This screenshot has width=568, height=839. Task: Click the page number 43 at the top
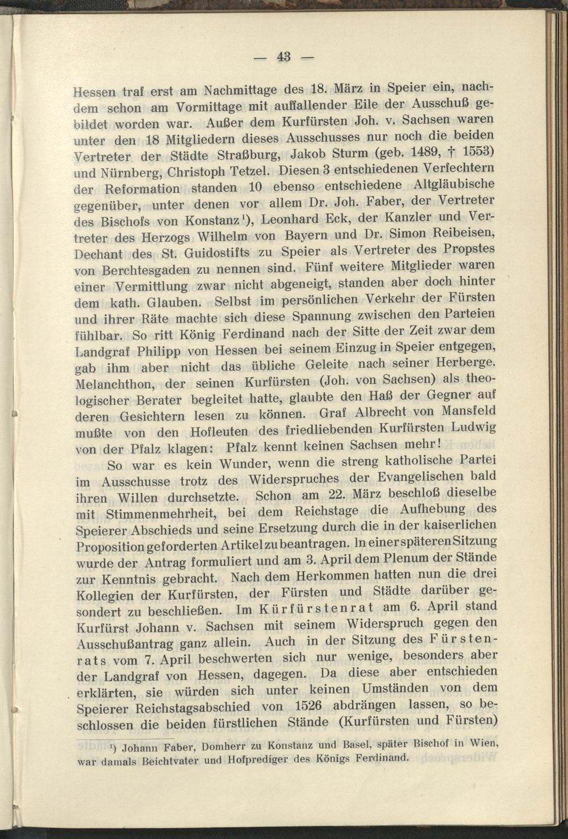pos(284,57)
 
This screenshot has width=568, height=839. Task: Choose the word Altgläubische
pos(454,184)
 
